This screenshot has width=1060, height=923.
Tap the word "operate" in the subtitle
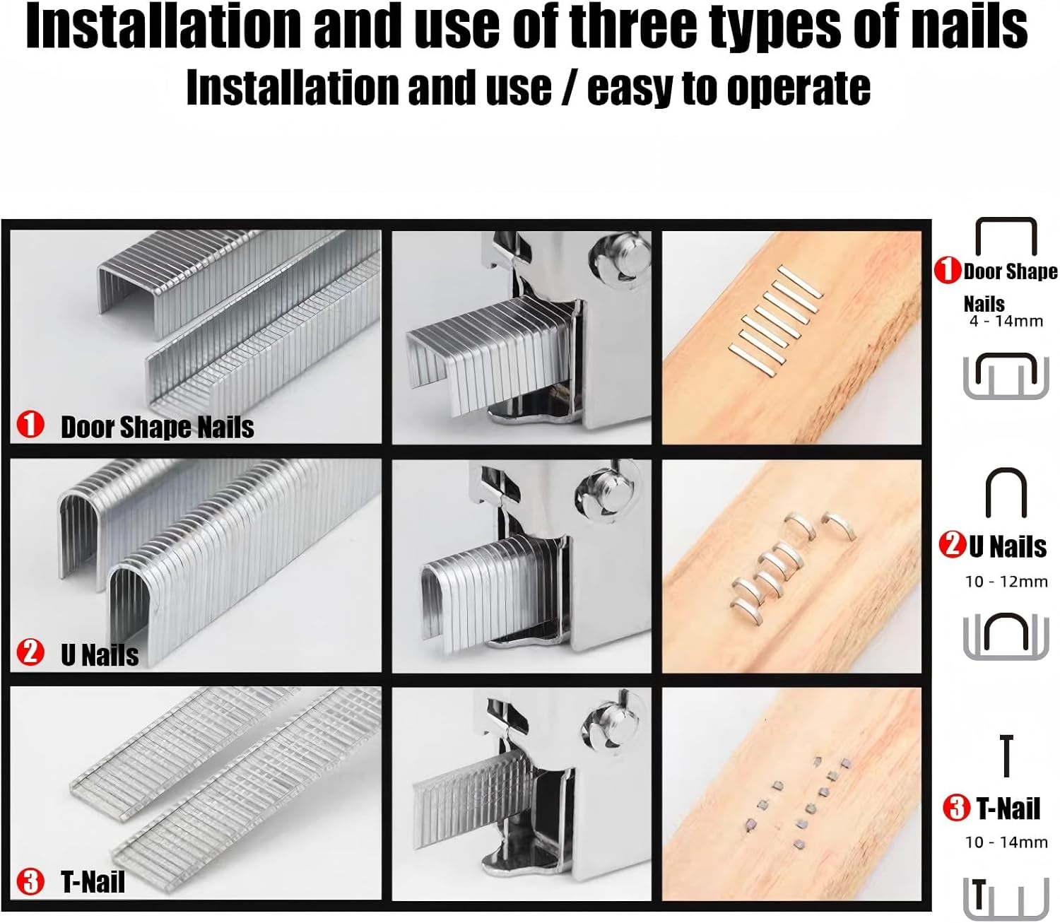799,89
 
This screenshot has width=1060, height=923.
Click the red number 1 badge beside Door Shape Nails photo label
30,424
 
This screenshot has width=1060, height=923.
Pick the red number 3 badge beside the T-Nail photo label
30,881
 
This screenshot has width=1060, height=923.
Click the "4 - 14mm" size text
1006,321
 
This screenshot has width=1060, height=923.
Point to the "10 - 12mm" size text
1006,582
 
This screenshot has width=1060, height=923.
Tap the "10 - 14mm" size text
1006,842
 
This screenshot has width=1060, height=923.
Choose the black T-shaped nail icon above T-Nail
1006,756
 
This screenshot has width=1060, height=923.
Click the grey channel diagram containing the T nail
1006,900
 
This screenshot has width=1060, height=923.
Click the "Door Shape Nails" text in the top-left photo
158,428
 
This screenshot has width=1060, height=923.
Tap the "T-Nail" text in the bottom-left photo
93,882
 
